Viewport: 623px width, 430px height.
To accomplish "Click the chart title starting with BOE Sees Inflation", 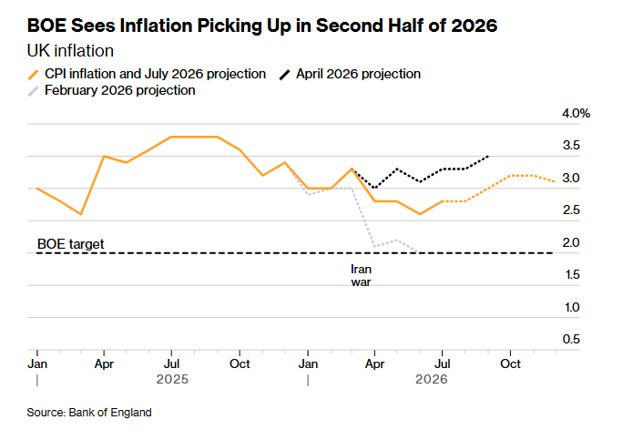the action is coord(261,26).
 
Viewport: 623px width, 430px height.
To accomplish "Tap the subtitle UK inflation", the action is coord(70,51).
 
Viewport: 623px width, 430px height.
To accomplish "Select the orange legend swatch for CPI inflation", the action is coord(34,75).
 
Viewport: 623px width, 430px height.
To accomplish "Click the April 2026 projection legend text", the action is coord(358,74).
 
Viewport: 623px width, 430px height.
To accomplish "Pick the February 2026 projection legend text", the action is coord(120,90).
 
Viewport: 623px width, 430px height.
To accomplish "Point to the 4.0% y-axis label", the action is coord(576,113).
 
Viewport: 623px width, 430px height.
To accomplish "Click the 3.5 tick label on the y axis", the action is coord(571,146).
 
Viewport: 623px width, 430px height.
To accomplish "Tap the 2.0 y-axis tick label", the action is coord(571,242).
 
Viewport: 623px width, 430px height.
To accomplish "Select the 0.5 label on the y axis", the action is coord(571,339).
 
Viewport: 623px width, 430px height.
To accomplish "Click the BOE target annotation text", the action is coord(71,243).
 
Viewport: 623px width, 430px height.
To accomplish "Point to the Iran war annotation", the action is coord(362,275).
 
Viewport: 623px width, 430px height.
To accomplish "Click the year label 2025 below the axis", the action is coord(172,379).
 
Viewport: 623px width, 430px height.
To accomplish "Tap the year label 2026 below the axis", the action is coord(431,379).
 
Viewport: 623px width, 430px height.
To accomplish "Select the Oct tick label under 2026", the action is coord(510,363).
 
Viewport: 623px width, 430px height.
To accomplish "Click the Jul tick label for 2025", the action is coord(171,363).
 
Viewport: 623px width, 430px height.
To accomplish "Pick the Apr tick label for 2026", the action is coord(374,364).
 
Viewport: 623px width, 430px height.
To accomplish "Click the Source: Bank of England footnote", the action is coord(89,413).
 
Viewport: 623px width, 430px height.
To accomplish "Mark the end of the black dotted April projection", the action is coord(488,156).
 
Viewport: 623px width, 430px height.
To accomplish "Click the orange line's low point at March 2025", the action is coord(81,214).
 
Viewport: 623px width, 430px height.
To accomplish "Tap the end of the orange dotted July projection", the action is coord(555,181).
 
